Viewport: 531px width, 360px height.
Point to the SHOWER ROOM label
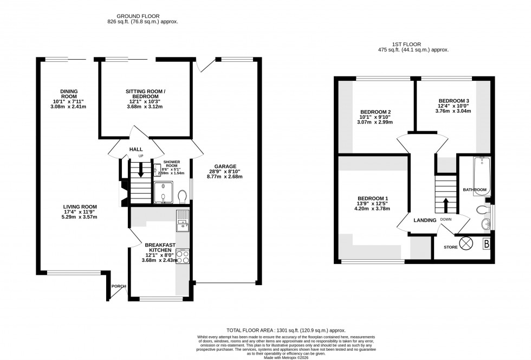tap(171, 164)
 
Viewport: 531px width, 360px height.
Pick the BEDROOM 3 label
tap(454, 100)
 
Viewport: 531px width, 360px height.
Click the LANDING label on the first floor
tap(425, 220)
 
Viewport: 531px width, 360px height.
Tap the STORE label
tap(450, 247)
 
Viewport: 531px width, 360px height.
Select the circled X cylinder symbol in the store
tap(466, 243)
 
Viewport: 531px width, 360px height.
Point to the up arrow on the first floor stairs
tap(446, 205)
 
